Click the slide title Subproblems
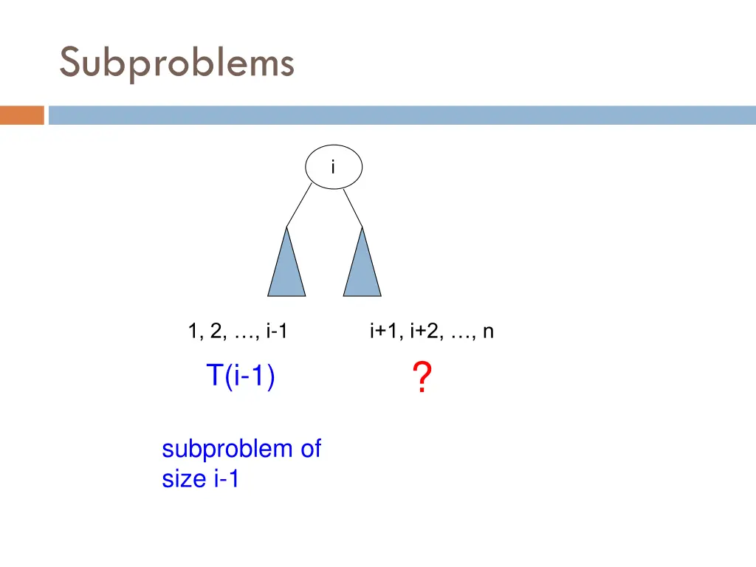(176, 62)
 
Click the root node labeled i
(333, 167)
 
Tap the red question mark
(421, 378)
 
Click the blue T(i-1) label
(240, 377)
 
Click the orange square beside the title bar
(22, 115)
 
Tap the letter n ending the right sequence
(488, 332)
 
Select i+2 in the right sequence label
(424, 332)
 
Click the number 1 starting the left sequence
(193, 332)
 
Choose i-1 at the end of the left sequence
(275, 332)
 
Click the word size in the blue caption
(184, 479)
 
